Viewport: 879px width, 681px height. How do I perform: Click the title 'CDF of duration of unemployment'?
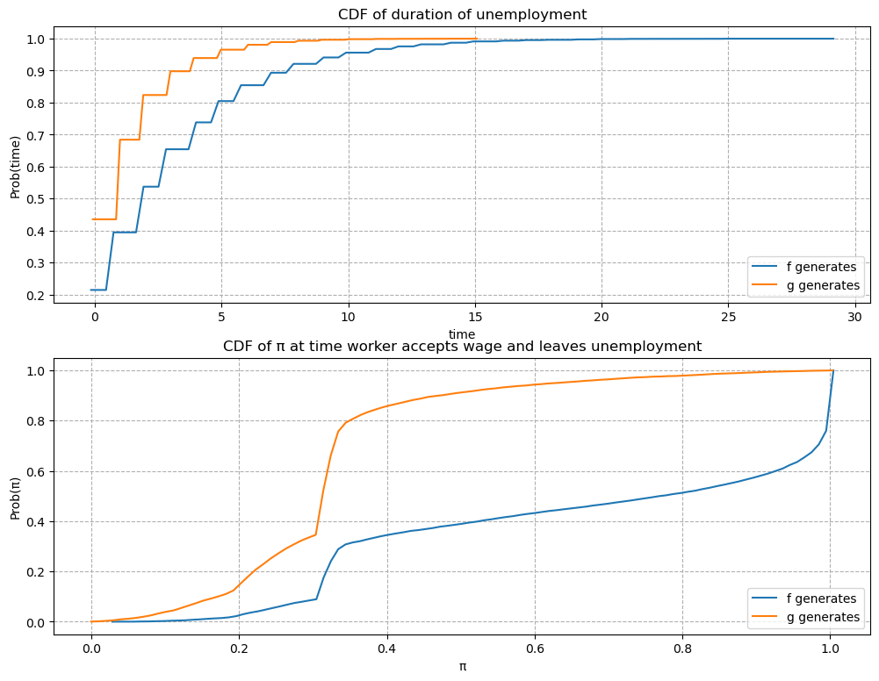pos(462,14)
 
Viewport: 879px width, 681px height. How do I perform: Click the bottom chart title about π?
pos(462,346)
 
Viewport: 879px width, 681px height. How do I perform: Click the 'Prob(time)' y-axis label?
pos(15,167)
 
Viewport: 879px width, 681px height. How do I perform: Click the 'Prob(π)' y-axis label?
pos(15,496)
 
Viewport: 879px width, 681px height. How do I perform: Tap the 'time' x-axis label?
pos(462,333)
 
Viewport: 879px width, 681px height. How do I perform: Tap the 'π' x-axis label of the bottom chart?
pos(462,666)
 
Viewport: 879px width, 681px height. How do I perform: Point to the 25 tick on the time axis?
pos(729,316)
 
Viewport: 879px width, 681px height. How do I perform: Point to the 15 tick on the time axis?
pos(475,316)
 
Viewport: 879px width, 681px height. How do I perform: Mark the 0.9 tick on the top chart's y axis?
pos(36,71)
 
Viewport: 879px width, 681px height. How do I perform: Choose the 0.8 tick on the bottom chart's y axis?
pos(36,421)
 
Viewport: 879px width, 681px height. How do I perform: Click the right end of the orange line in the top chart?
pos(475,39)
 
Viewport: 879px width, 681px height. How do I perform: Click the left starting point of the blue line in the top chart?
pos(91,290)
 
